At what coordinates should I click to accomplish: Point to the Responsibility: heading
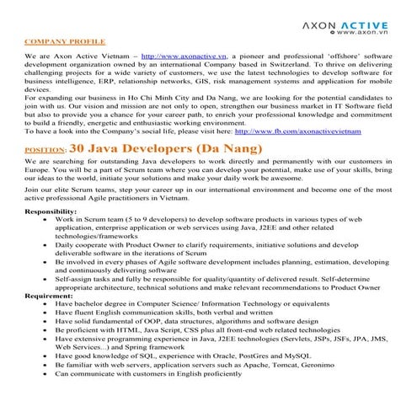(54, 211)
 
